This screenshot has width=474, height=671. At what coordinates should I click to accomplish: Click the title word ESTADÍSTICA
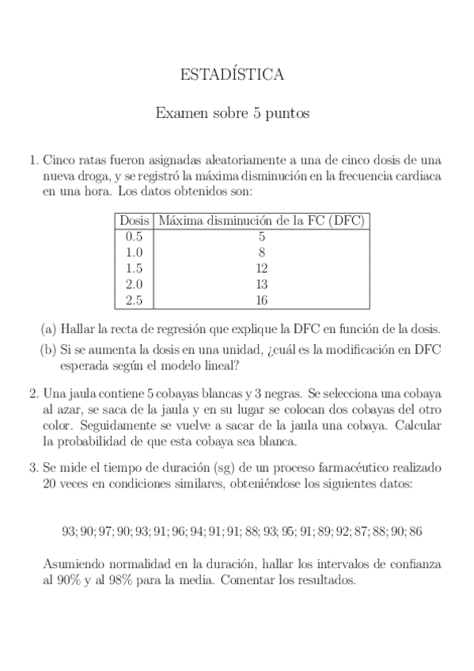[233, 75]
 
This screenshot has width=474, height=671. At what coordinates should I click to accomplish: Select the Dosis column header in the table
[133, 221]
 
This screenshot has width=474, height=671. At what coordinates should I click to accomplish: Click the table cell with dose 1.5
[133, 268]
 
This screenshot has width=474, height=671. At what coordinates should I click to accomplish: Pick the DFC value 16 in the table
[261, 300]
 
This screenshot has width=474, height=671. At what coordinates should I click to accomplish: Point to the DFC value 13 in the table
[261, 284]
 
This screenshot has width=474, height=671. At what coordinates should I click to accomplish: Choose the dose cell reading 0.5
[133, 237]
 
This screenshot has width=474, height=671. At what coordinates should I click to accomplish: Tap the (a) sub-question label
[48, 329]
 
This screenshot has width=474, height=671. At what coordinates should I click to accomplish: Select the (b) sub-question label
[48, 350]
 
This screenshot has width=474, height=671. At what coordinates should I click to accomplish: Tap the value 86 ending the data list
[413, 532]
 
